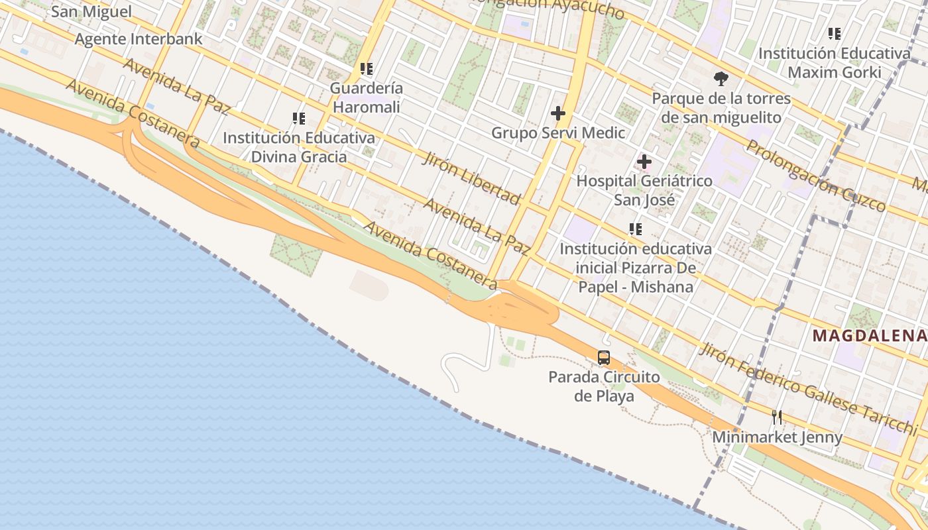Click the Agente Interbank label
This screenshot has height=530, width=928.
click(x=139, y=39)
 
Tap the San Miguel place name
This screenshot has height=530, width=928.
click(x=91, y=11)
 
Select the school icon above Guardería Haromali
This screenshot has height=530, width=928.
click(x=367, y=68)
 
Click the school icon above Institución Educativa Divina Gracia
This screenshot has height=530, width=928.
click(x=299, y=119)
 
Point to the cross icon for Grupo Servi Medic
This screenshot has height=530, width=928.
click(x=558, y=113)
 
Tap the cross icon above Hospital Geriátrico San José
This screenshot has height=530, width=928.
click(x=644, y=162)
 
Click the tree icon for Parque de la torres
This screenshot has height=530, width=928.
click(x=721, y=79)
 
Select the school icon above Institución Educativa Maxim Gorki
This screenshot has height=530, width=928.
click(x=835, y=33)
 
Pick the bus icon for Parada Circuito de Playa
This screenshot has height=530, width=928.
click(x=604, y=358)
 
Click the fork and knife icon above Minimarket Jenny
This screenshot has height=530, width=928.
click(x=777, y=417)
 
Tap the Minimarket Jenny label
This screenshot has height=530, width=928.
click(x=777, y=437)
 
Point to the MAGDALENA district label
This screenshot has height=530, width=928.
click(x=870, y=335)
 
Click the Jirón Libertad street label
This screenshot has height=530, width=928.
click(x=471, y=177)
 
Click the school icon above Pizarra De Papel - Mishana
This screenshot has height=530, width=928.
click(x=636, y=229)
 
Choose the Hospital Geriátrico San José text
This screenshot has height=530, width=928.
click(x=644, y=190)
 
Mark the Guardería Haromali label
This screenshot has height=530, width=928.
click(x=367, y=97)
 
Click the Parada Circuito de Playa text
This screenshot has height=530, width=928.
click(x=604, y=386)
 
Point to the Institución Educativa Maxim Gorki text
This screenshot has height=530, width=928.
click(x=835, y=62)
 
